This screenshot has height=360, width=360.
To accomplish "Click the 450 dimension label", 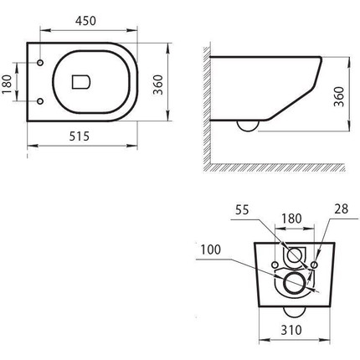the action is [x=85, y=21].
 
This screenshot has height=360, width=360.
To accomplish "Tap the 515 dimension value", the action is [x=80, y=136].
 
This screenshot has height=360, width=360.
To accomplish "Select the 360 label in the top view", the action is [x=158, y=85].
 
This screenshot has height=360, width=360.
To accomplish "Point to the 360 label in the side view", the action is [x=339, y=96].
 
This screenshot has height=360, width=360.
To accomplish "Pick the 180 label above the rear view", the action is [x=291, y=219].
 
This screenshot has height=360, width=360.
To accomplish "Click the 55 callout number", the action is [x=242, y=210].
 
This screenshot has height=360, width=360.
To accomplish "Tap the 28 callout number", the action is [x=342, y=208].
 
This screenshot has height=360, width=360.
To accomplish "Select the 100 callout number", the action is [x=211, y=249].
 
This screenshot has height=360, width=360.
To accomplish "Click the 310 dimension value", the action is [x=291, y=330].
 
